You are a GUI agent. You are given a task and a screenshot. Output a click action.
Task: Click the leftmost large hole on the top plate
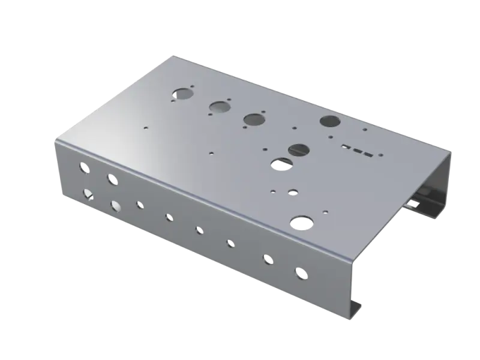pyautogui.click(x=181, y=94)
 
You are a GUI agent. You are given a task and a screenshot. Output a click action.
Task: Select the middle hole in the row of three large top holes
pyautogui.click(x=219, y=107)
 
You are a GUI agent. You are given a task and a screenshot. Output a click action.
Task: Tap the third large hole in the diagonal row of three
pyautogui.click(x=254, y=119)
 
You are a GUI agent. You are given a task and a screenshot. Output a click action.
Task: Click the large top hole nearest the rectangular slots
pyautogui.click(x=329, y=121)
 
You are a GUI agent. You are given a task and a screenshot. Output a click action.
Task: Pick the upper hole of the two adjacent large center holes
pyautogui.click(x=298, y=149)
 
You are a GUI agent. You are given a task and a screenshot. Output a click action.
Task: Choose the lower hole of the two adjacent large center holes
pyautogui.click(x=280, y=163)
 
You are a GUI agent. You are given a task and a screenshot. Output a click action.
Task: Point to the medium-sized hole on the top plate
pyautogui.click(x=293, y=192)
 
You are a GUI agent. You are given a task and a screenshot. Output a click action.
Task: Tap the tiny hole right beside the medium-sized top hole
pyautogui.click(x=273, y=191)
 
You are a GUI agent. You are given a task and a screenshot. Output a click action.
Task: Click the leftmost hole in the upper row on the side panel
pyautogui.click(x=83, y=168)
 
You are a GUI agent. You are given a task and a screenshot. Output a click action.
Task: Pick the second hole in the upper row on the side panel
pyautogui.click(x=112, y=179)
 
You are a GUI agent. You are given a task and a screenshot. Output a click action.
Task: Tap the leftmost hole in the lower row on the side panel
pyautogui.click(x=88, y=193)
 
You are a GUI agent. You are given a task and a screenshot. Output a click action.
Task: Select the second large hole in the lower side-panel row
pyautogui.click(x=115, y=206)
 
